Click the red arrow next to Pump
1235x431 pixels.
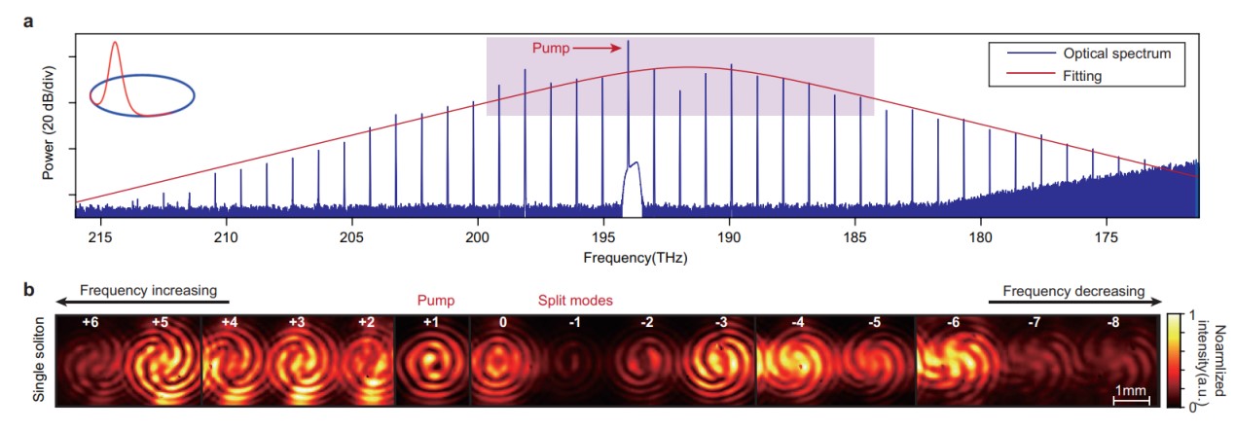(599, 48)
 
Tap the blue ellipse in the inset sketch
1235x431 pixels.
(142, 95)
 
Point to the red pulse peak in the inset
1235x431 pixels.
(115, 44)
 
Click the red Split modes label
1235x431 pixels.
(575, 301)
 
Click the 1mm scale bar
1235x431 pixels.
(1132, 400)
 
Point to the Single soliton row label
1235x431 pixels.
(40, 360)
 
